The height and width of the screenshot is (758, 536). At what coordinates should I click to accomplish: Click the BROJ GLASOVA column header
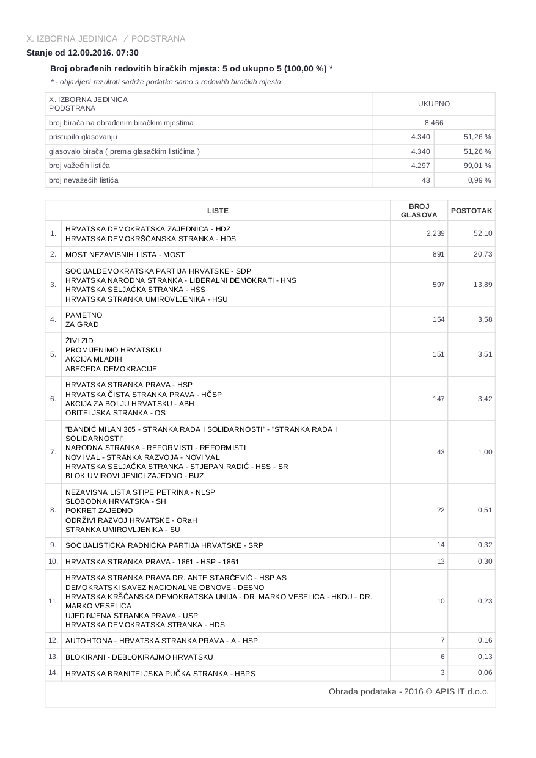[x=419, y=211]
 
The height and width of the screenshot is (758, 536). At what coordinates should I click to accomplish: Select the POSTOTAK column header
[x=471, y=211]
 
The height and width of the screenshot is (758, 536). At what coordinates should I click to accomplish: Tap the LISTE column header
[x=218, y=211]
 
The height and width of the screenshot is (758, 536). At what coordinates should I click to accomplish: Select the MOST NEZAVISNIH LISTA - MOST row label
[x=125, y=255]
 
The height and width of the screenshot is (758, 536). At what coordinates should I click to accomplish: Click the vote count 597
[x=438, y=285]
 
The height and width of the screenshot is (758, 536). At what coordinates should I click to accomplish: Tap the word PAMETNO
[x=84, y=315]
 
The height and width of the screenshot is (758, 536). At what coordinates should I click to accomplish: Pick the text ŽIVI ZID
[x=79, y=341]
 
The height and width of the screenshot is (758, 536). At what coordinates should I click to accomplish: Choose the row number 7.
[x=53, y=452]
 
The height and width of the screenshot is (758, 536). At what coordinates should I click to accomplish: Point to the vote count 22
[x=441, y=510]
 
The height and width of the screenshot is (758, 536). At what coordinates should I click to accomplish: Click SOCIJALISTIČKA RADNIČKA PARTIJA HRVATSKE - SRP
[x=164, y=545]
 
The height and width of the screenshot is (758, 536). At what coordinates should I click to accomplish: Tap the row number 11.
[x=53, y=601]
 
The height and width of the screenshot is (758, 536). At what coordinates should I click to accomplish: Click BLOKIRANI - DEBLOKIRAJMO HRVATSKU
[x=139, y=657]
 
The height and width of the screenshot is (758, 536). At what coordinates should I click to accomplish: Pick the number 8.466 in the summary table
[x=433, y=123]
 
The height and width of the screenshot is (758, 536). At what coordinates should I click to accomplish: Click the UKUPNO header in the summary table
[x=433, y=104]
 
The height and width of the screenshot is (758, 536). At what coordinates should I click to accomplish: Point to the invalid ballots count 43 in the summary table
[x=425, y=180]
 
